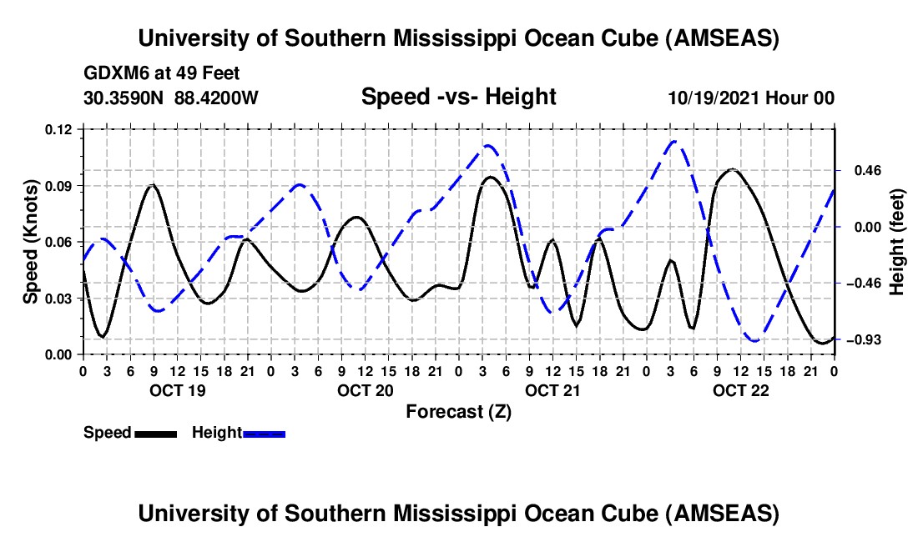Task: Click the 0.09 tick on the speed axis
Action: click(63, 185)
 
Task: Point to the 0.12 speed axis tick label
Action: click(63, 129)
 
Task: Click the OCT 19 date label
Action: click(176, 390)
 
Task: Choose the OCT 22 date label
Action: click(740, 390)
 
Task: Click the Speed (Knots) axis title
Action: click(31, 242)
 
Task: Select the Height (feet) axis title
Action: click(897, 242)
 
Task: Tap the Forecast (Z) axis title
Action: click(458, 411)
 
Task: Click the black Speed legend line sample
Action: click(154, 433)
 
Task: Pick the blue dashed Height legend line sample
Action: click(264, 433)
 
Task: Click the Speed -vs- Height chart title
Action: click(458, 98)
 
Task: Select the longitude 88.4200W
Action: click(216, 98)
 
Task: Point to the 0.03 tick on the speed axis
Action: click(63, 299)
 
